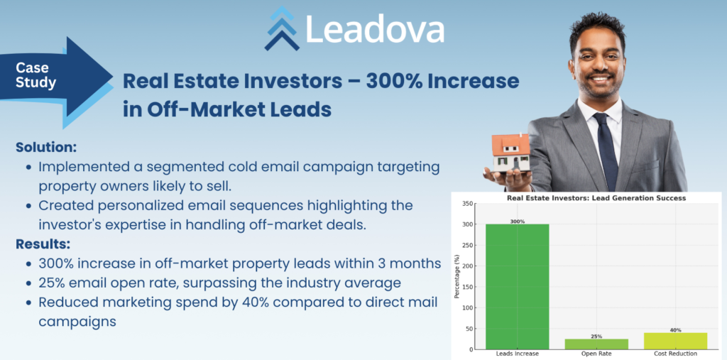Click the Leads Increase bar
point(518,287)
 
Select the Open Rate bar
point(596,344)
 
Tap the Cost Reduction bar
point(676,341)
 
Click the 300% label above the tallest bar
point(518,222)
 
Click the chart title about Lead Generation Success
point(596,197)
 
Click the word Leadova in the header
point(375,29)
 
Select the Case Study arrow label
point(35,75)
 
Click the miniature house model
point(511,153)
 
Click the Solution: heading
point(46,147)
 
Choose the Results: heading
point(43,244)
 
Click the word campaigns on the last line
point(77,322)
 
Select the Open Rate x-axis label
point(596,354)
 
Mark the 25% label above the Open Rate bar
point(596,337)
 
